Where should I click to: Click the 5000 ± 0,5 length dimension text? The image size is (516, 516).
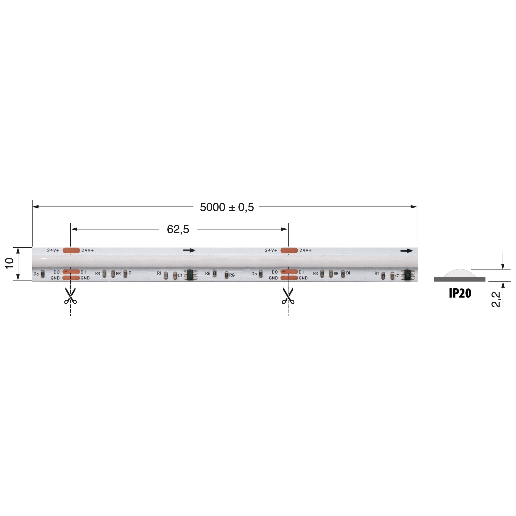coord(227,207)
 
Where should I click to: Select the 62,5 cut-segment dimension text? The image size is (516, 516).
coord(178,229)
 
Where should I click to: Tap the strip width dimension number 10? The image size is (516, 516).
coord(10,263)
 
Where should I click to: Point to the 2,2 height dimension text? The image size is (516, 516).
coord(496,299)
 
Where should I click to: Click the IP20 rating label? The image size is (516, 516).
coord(460,293)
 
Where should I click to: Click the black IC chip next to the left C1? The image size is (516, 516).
coord(190,275)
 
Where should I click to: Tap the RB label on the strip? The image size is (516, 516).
coord(208,274)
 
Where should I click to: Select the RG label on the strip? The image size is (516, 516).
coord(232,275)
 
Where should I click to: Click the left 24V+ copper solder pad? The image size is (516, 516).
coord(71,250)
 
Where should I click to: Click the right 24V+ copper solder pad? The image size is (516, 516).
coord(289,250)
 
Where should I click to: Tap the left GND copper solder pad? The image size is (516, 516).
coord(71,278)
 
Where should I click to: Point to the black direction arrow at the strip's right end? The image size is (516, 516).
coord(406,251)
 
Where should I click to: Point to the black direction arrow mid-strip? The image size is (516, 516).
coord(189,250)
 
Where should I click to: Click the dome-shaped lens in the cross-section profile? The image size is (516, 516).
coord(460,273)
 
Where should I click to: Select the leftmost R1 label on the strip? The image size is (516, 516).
coord(159,273)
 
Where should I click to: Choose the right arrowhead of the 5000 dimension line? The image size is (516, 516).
coord(414,207)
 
